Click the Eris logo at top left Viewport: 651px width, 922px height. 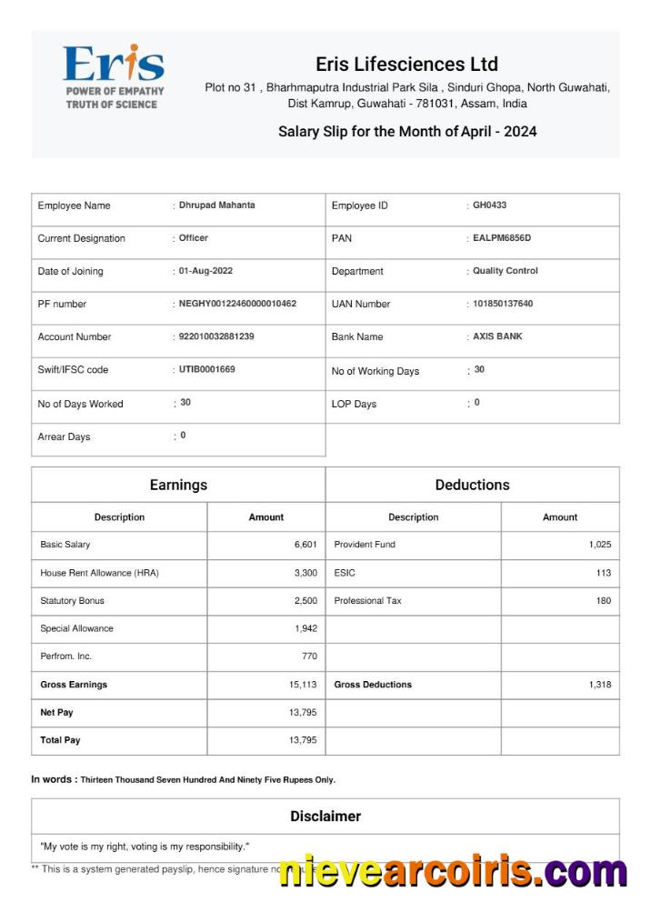click(114, 75)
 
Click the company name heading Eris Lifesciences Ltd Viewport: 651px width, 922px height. click(406, 65)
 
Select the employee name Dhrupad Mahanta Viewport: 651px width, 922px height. click(216, 205)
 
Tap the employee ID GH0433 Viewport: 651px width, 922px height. click(489, 205)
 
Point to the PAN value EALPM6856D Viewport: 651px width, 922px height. click(501, 238)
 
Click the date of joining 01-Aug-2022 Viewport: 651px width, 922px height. click(205, 271)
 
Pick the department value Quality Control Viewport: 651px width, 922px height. click(505, 271)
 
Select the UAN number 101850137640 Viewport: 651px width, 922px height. click(503, 304)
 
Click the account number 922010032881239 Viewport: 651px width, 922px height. click(216, 336)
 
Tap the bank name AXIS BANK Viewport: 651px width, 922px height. click(497, 336)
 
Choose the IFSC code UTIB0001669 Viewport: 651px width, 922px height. click(206, 369)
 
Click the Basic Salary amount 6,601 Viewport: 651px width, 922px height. click(305, 545)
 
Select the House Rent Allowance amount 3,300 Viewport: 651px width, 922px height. click(305, 573)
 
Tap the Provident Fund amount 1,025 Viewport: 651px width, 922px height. click(599, 545)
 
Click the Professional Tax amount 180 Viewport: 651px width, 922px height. click(603, 601)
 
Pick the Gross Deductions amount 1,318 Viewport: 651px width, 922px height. click(599, 685)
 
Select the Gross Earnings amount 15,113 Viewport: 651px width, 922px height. click(303, 685)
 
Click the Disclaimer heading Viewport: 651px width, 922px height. click(325, 817)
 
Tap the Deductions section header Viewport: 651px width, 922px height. click(472, 485)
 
